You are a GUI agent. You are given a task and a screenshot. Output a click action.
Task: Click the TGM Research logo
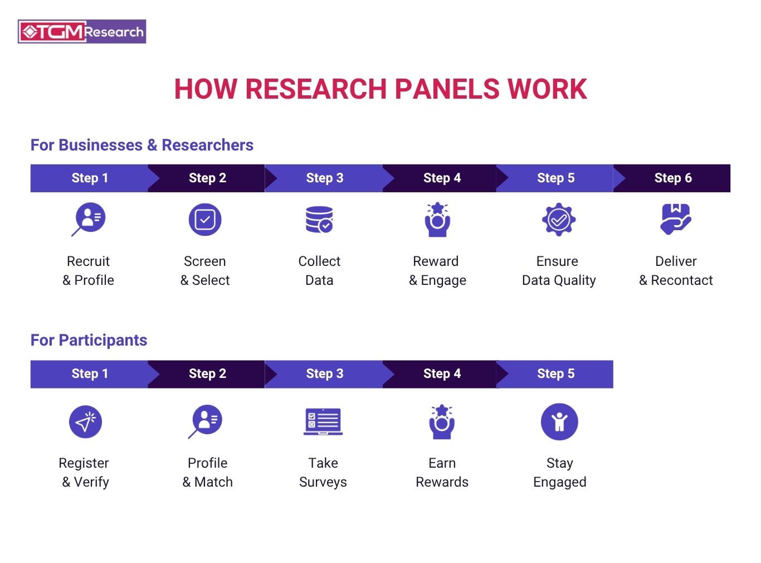click(x=82, y=31)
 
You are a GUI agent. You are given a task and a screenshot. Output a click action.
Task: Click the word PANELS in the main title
click(x=448, y=89)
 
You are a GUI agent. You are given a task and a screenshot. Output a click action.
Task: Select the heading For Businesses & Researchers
click(x=142, y=145)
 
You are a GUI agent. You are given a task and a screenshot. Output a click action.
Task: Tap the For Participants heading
click(x=89, y=340)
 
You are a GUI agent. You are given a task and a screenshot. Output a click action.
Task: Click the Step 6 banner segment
click(x=671, y=178)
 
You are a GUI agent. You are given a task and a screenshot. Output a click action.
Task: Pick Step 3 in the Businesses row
click(x=324, y=178)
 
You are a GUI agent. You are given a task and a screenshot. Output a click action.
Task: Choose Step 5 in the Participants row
click(x=555, y=374)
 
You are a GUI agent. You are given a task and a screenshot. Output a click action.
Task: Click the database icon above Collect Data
click(x=319, y=220)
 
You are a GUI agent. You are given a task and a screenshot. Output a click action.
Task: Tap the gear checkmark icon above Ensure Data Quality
click(x=559, y=220)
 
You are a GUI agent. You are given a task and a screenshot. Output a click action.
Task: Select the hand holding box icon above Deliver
click(x=676, y=219)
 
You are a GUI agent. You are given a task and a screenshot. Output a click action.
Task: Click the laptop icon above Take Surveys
click(x=323, y=421)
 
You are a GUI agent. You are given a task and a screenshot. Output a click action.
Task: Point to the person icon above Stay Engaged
click(x=559, y=421)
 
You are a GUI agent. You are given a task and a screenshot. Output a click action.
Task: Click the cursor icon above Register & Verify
click(x=85, y=421)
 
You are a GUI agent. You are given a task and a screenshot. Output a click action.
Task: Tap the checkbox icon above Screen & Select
click(x=205, y=220)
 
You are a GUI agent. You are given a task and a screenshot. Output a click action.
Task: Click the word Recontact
click(x=682, y=280)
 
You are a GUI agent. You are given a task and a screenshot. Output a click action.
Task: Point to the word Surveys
click(x=323, y=482)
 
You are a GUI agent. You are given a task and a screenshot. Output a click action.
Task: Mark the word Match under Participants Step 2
click(x=213, y=482)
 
